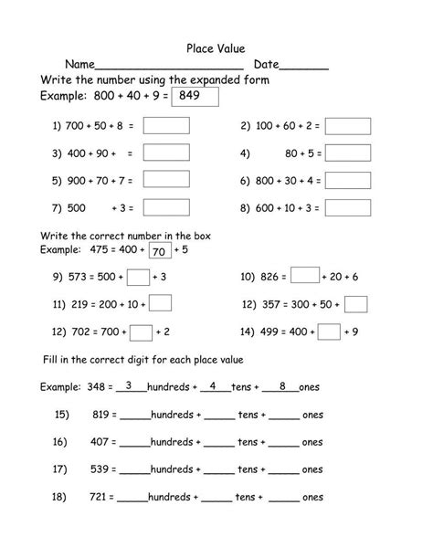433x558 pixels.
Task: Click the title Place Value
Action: tap(216, 47)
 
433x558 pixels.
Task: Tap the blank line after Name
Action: tap(169, 66)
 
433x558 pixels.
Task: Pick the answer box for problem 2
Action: tap(348, 125)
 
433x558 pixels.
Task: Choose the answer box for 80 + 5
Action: tap(348, 153)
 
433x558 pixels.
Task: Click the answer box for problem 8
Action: tap(348, 207)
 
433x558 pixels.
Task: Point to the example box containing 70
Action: tap(158, 250)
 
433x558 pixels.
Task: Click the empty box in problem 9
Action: tap(138, 276)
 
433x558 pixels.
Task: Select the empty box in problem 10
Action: tap(306, 275)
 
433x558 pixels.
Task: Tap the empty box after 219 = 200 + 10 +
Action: tap(160, 303)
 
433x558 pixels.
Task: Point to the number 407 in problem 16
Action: tap(102, 442)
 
